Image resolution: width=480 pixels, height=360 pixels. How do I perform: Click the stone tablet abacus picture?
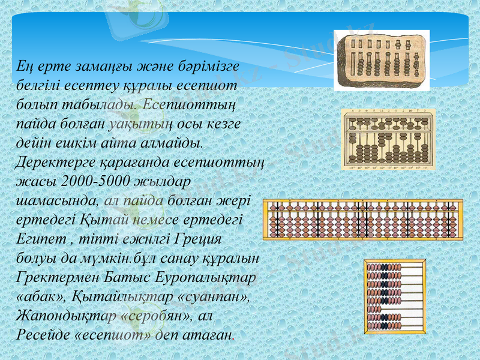[x=382, y=61]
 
